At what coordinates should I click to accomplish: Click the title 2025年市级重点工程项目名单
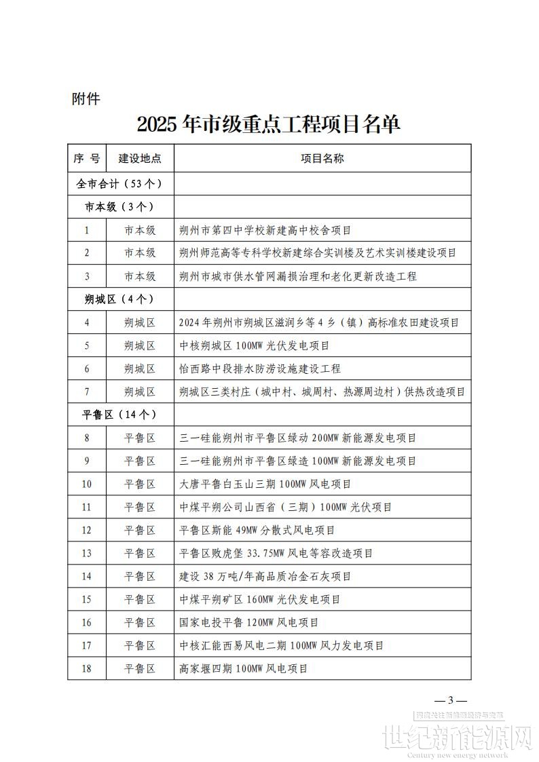[x=269, y=124]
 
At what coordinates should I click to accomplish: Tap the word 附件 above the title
[x=86, y=99]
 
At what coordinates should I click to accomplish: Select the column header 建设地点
[x=140, y=159]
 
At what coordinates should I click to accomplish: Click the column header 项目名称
[x=322, y=159]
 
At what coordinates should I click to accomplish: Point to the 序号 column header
[x=87, y=159]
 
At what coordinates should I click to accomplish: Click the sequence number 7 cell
[x=87, y=392]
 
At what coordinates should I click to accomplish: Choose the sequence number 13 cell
[x=87, y=553]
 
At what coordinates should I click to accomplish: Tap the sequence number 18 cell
[x=87, y=668]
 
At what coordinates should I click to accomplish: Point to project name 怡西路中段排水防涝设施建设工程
[x=259, y=368]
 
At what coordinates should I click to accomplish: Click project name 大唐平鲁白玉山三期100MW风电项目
[x=265, y=484]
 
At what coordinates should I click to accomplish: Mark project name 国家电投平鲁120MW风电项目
[x=248, y=622]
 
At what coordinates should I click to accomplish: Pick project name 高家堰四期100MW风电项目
[x=243, y=668]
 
